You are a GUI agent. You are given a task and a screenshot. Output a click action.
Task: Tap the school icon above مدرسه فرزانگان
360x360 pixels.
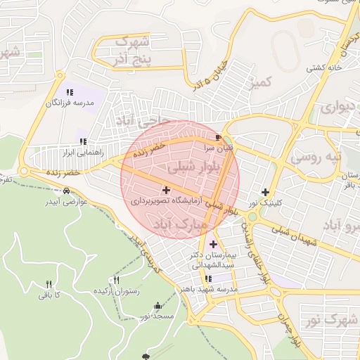point(70,92)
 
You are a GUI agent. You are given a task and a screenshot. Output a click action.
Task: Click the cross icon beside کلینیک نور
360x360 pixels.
point(265,192)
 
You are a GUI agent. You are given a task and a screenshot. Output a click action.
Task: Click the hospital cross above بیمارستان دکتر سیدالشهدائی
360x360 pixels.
point(214,244)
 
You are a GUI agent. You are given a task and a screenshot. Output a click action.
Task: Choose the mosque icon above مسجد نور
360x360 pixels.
point(157,306)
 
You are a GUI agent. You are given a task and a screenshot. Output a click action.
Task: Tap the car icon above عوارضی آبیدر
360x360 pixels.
point(66,191)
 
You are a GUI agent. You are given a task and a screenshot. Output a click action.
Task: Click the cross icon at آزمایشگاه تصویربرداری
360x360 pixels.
point(166,190)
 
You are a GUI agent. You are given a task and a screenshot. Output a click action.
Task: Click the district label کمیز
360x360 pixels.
point(259,84)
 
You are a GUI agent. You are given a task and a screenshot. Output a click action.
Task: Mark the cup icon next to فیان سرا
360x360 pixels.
point(218,137)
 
